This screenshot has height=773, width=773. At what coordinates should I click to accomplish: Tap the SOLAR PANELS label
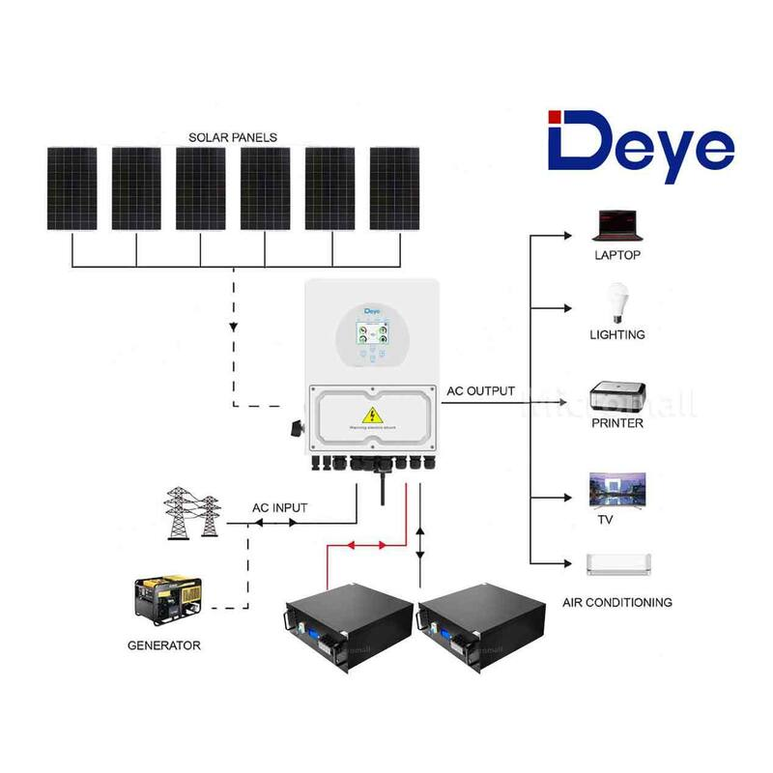(x=232, y=137)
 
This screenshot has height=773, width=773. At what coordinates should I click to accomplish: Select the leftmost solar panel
(x=72, y=188)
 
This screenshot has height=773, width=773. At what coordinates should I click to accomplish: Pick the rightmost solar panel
(x=395, y=188)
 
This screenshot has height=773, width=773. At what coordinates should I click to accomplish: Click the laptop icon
(x=616, y=226)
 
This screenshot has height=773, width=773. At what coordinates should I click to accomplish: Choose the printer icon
(x=617, y=398)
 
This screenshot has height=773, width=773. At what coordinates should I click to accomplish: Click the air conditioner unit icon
(x=618, y=563)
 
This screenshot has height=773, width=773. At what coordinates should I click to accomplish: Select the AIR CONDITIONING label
(x=617, y=602)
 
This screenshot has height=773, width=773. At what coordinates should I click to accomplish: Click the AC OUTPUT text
(x=480, y=392)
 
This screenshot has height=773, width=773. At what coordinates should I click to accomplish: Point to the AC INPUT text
(x=281, y=507)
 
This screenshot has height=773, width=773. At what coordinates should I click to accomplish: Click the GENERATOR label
(x=164, y=644)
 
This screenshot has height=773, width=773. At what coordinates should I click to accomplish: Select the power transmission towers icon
(x=193, y=513)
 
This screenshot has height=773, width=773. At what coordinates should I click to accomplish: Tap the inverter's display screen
(x=373, y=337)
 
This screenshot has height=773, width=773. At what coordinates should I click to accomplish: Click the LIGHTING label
(x=616, y=334)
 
